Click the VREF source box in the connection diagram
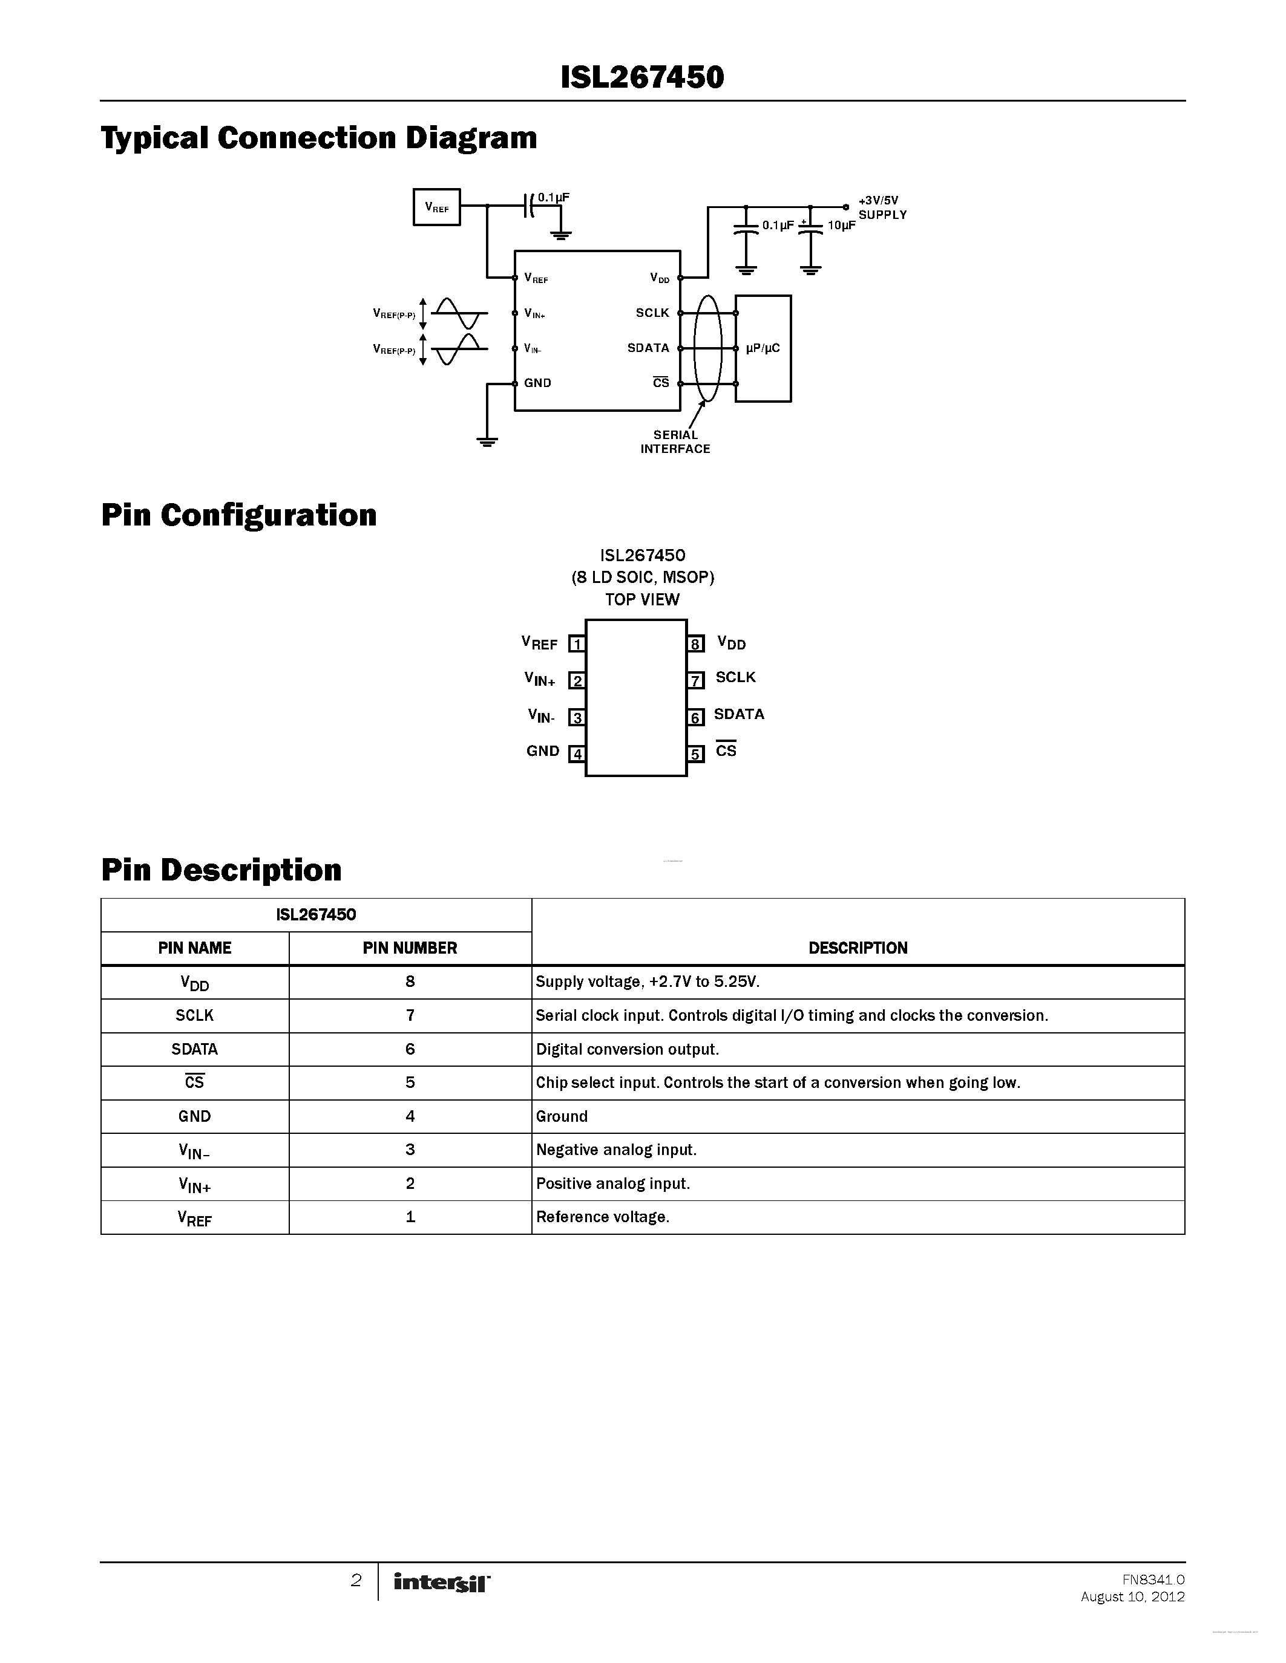[x=436, y=207]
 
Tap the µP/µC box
[x=763, y=349]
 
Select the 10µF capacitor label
[x=841, y=226]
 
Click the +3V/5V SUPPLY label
[x=882, y=208]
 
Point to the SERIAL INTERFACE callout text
[x=675, y=441]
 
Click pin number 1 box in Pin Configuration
[x=577, y=644]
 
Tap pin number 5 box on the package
[x=695, y=754]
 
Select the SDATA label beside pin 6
[x=738, y=714]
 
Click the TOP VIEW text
[x=642, y=599]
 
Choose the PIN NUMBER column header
[x=410, y=948]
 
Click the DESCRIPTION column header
[x=858, y=948]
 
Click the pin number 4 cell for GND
[x=410, y=1116]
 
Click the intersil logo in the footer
[x=442, y=1583]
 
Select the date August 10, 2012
[x=1132, y=1596]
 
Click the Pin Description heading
[x=221, y=870]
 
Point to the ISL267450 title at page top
[x=642, y=77]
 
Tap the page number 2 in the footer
[x=356, y=1581]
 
